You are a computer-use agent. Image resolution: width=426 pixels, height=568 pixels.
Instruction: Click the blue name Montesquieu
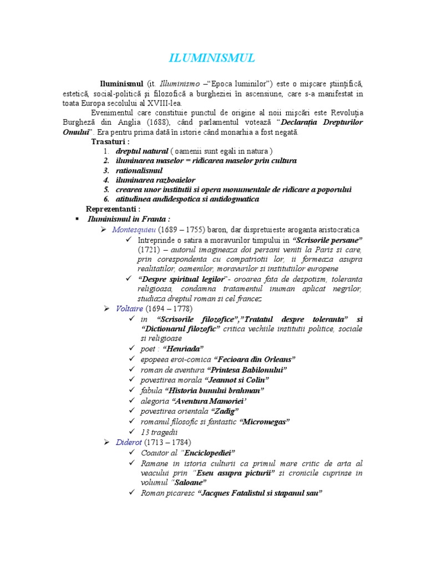pos(134,230)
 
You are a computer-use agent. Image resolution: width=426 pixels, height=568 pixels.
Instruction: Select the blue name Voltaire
pos(128,308)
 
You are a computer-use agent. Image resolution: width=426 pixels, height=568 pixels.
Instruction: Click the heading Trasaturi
pos(110,141)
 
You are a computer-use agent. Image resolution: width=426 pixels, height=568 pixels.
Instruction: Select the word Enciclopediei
pos(209,453)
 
